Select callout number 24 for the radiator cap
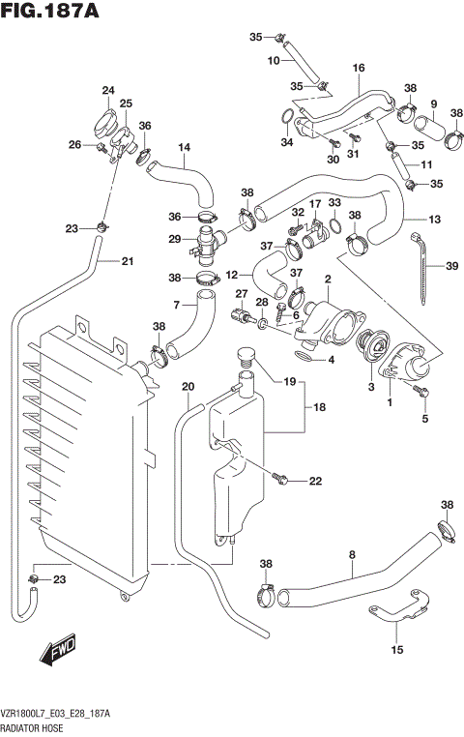(107, 91)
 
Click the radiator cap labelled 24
(104, 124)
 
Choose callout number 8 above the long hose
(352, 554)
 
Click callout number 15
(396, 650)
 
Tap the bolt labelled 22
(281, 477)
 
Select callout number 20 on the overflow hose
(188, 387)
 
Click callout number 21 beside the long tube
(127, 260)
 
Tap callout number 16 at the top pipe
(359, 68)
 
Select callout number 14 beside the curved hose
(184, 147)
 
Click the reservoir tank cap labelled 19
(245, 359)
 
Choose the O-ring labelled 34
(287, 120)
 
